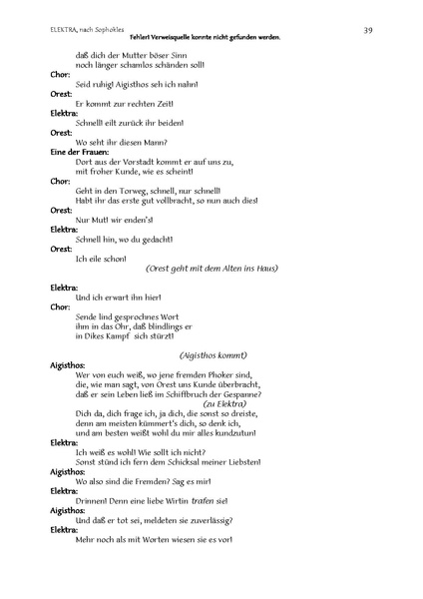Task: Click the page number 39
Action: pyautogui.click(x=368, y=31)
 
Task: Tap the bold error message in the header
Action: pyautogui.click(x=211, y=38)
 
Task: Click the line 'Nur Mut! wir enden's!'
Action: pyautogui.click(x=111, y=221)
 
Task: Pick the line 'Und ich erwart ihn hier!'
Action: pyautogui.click(x=118, y=299)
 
